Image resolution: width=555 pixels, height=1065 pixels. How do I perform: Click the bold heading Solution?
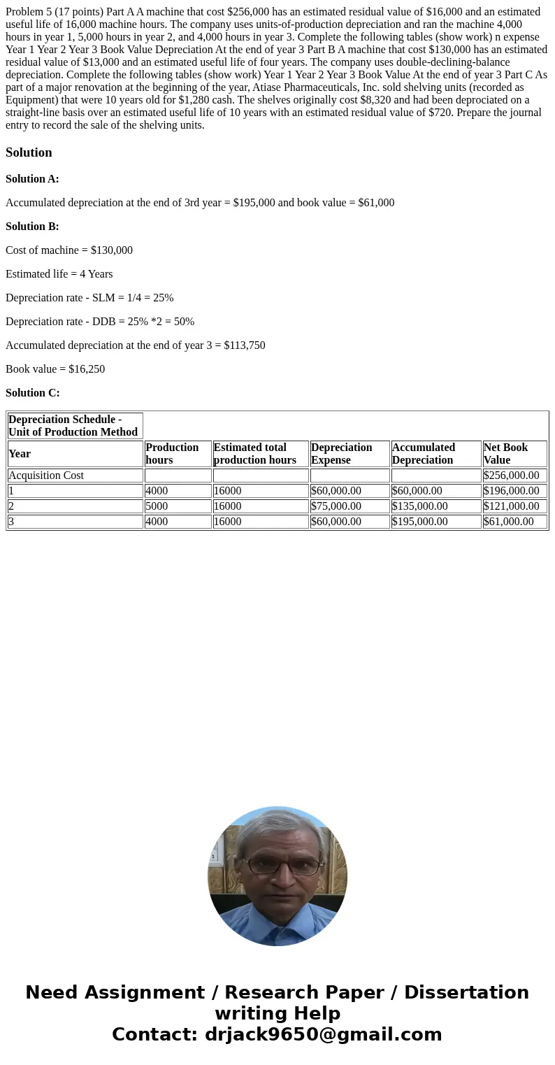pyautogui.click(x=29, y=152)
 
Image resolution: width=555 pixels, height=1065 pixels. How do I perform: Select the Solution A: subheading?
pyautogui.click(x=32, y=179)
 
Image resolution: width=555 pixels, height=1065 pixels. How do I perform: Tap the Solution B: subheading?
pyautogui.click(x=32, y=227)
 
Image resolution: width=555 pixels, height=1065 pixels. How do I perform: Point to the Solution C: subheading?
pyautogui.click(x=32, y=393)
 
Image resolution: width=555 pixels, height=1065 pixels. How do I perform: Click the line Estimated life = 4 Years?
pyautogui.click(x=59, y=274)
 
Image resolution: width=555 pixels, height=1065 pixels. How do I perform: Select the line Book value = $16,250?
pyautogui.click(x=55, y=369)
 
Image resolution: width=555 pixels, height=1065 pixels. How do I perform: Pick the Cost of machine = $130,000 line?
pyautogui.click(x=69, y=250)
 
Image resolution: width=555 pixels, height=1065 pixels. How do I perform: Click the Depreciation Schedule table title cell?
pyautogui.click(x=73, y=426)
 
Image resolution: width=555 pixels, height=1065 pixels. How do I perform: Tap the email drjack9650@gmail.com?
pyautogui.click(x=323, y=1035)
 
